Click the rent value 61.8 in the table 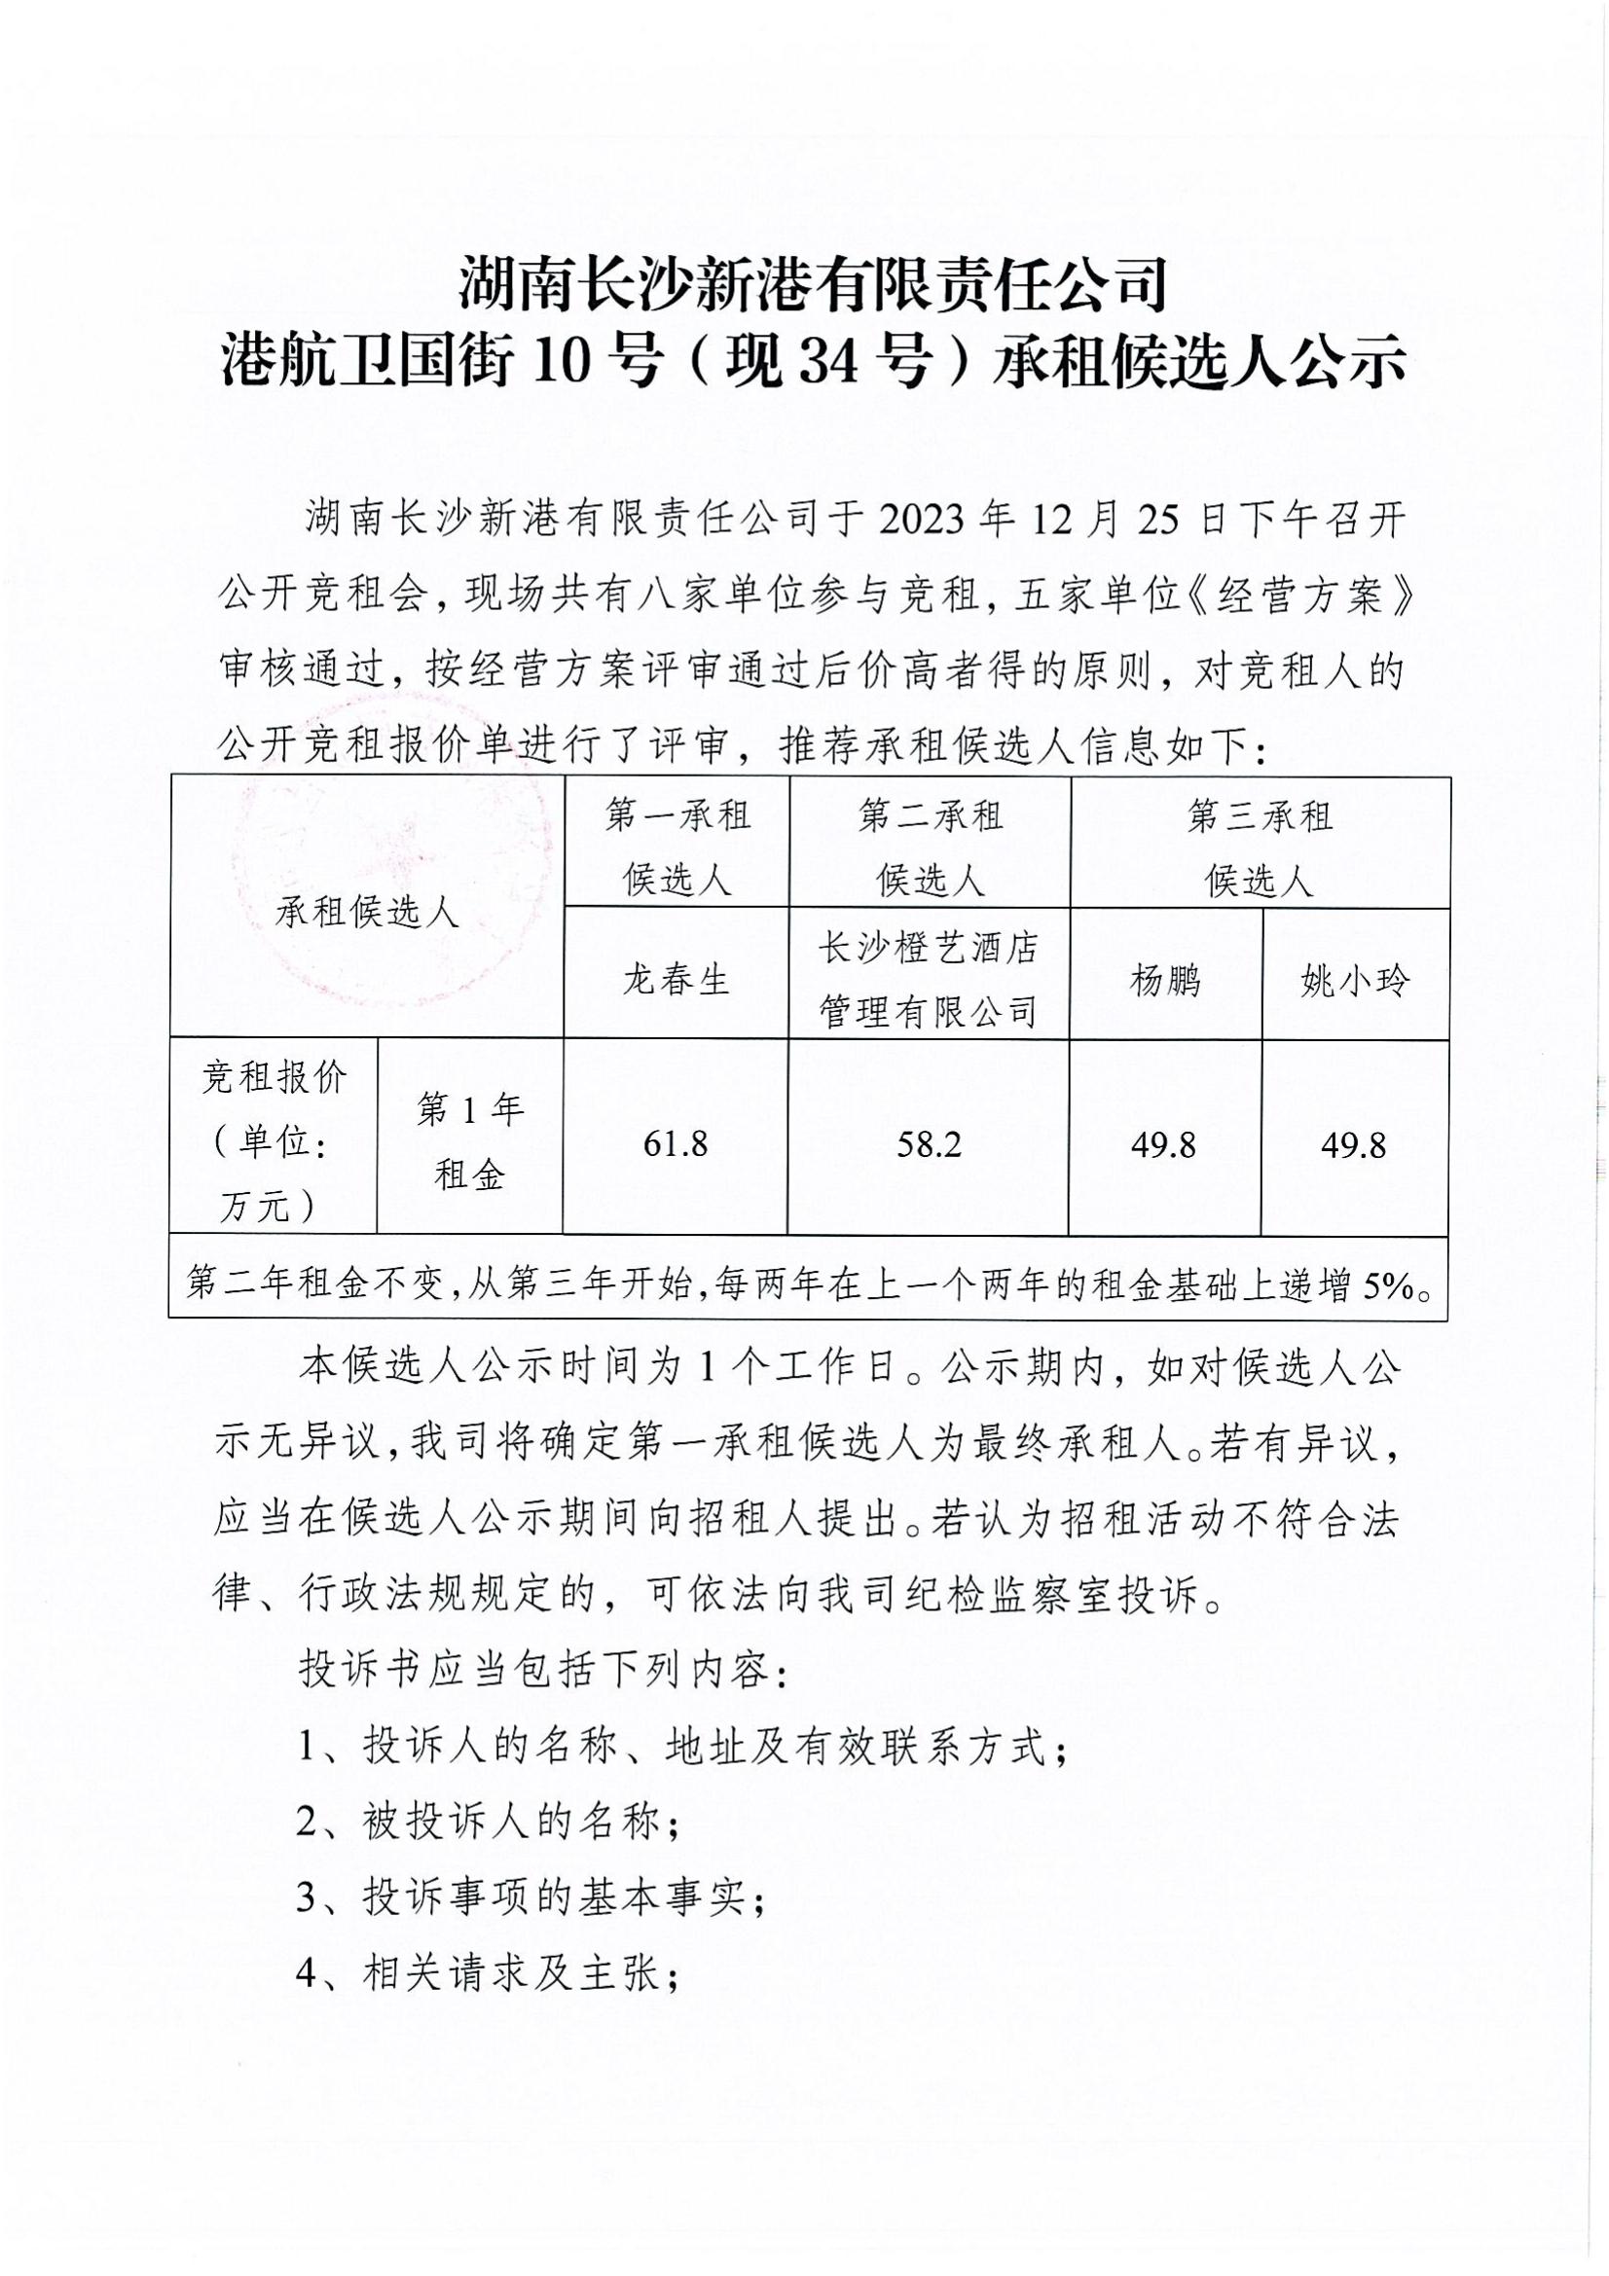[676, 1145]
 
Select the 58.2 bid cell [929, 1145]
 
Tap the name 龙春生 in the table [676, 981]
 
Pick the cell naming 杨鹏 [1165, 981]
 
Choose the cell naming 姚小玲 [1354, 982]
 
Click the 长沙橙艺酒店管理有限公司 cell [928, 981]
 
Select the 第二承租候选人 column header [930, 848]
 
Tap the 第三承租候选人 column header [1259, 848]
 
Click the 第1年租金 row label [470, 1142]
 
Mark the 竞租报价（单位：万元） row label [274, 1142]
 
